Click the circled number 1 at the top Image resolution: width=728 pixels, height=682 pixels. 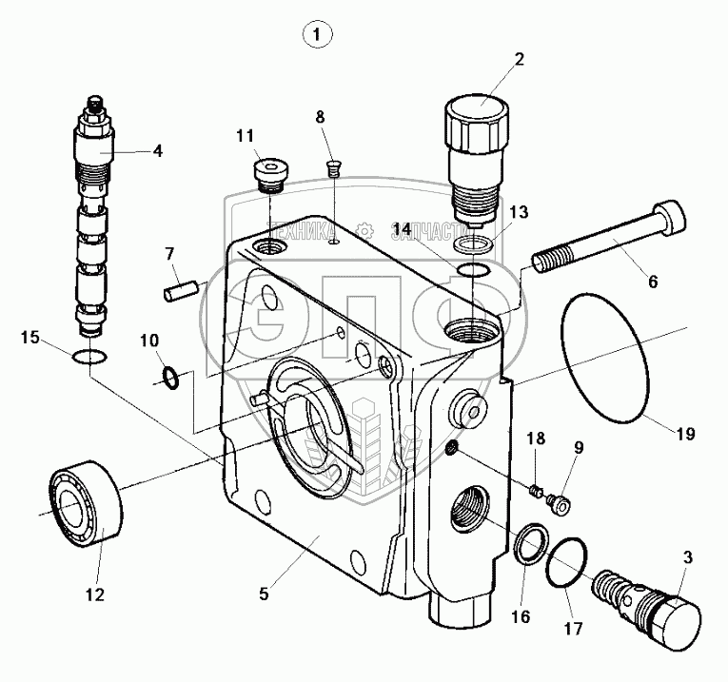coord(318,35)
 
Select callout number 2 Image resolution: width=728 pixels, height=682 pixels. coord(519,60)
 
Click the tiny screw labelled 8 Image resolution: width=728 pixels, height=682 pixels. coord(333,171)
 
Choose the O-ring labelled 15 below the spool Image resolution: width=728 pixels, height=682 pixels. coord(87,358)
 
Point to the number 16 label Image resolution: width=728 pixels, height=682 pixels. coord(520,616)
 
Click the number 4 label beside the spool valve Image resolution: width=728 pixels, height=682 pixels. coord(156,149)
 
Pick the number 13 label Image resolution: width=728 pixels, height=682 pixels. coord(517,211)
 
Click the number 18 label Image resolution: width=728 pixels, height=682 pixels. coord(537,438)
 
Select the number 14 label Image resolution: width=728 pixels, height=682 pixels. coord(403,229)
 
